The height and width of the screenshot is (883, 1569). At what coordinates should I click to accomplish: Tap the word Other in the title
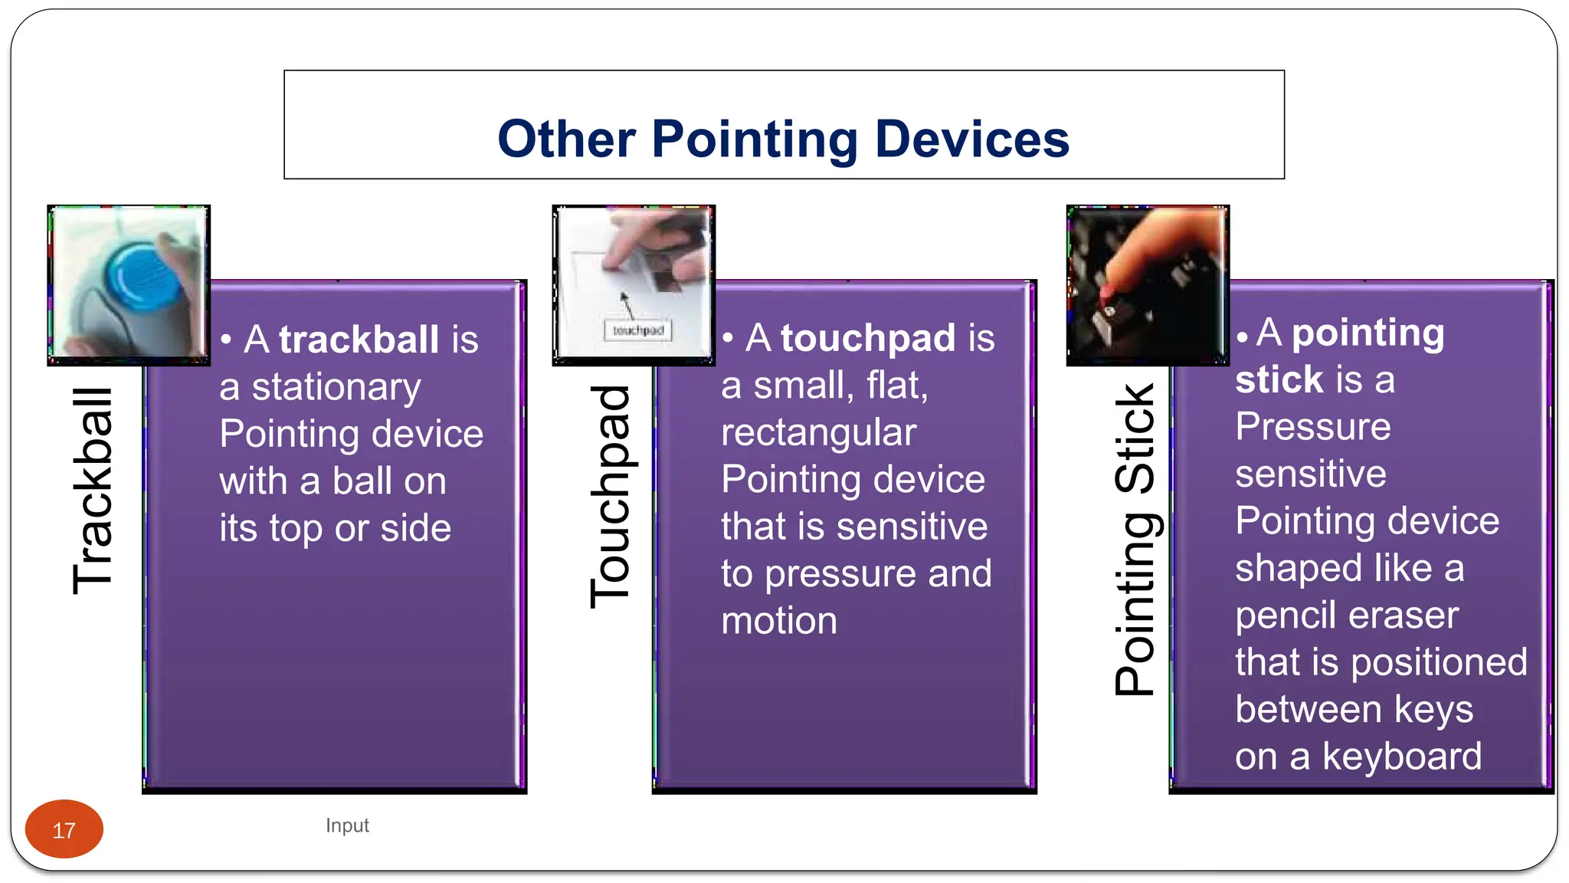(x=566, y=140)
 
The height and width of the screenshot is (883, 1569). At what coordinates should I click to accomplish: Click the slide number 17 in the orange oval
(x=64, y=830)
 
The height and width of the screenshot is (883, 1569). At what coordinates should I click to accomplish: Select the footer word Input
(x=347, y=826)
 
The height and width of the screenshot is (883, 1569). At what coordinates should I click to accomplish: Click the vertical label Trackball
(x=93, y=491)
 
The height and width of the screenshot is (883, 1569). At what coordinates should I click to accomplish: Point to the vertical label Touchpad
(x=611, y=497)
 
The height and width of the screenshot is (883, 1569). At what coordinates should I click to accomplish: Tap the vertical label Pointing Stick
(x=1135, y=539)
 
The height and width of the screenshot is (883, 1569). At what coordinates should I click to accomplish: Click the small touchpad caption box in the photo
(x=638, y=330)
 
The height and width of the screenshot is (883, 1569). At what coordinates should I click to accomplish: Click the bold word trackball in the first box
(x=359, y=340)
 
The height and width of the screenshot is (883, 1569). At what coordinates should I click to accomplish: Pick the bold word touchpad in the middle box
(x=868, y=338)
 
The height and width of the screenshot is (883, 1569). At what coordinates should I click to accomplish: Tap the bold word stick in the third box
(x=1279, y=379)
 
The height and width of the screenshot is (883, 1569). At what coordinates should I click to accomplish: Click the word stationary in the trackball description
(x=336, y=387)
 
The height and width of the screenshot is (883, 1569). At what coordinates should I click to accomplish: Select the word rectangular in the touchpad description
(x=818, y=432)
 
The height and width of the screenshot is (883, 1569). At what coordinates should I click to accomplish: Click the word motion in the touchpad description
(x=778, y=621)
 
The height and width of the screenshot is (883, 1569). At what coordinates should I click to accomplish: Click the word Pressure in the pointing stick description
(x=1312, y=427)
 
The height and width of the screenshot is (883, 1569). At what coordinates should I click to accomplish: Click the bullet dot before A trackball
(x=226, y=340)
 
